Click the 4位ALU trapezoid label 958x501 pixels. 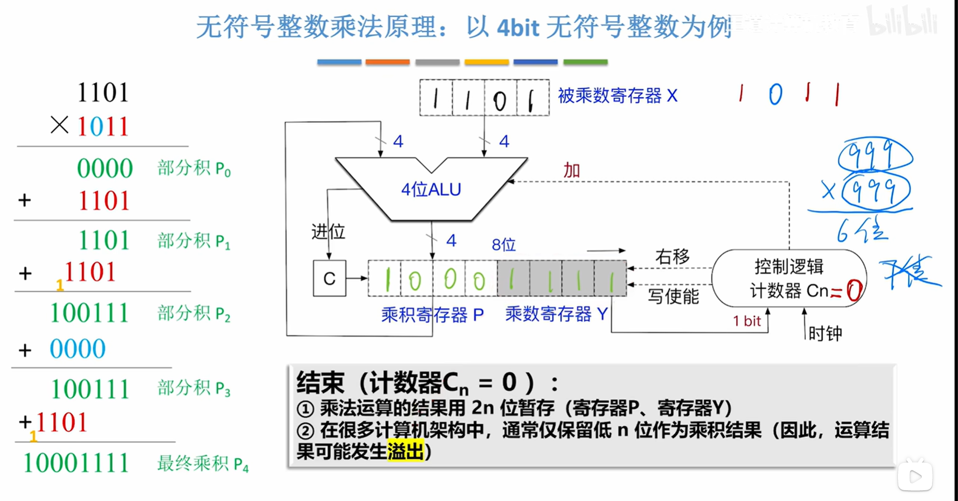(x=431, y=189)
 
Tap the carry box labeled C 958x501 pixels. (x=330, y=278)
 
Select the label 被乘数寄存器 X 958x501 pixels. (x=617, y=96)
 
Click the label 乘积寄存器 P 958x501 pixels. (x=432, y=315)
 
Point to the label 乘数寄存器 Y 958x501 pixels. (x=556, y=314)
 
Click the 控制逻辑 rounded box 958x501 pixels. (x=788, y=278)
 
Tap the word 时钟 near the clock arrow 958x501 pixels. (x=825, y=333)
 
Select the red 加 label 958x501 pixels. (x=571, y=171)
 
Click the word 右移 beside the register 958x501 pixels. (x=672, y=257)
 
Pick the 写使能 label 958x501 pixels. (x=673, y=296)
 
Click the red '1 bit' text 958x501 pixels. (x=747, y=321)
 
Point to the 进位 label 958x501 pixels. (x=328, y=232)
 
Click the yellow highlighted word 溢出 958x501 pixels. (x=405, y=451)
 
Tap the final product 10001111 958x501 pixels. (x=76, y=463)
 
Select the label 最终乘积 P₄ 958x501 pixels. (x=203, y=464)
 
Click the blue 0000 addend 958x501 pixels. (x=77, y=349)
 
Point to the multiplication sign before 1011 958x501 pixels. (x=60, y=125)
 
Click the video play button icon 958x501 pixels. (x=915, y=477)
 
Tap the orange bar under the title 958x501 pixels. (x=387, y=62)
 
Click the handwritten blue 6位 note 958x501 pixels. (x=862, y=232)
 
